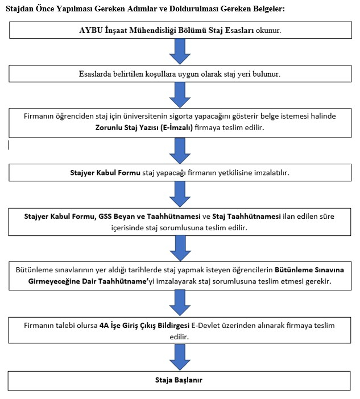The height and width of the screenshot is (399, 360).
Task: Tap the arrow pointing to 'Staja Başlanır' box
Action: pyautogui.click(x=180, y=357)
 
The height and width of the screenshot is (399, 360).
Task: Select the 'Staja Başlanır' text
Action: pyautogui.click(x=179, y=380)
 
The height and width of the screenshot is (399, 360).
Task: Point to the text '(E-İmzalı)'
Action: pyautogui.click(x=176, y=127)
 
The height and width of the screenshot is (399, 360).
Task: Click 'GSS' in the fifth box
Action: pyautogui.click(x=105, y=217)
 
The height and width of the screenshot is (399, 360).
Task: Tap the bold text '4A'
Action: pyautogui.click(x=104, y=326)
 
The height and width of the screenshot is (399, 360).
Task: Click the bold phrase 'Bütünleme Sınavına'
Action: pyautogui.click(x=309, y=270)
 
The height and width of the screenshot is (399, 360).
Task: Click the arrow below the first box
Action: pyautogui.click(x=180, y=51)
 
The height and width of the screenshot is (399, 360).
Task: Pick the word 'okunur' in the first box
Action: pyautogui.click(x=268, y=31)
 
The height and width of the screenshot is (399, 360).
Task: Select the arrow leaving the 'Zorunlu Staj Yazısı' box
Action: pyautogui.click(x=180, y=151)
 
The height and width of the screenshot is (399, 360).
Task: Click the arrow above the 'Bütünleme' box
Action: pyautogui.click(x=180, y=248)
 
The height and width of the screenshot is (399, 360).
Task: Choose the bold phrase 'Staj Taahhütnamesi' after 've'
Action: pyautogui.click(x=246, y=217)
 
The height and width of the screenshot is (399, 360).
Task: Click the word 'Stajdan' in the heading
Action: pyautogui.click(x=19, y=9)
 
